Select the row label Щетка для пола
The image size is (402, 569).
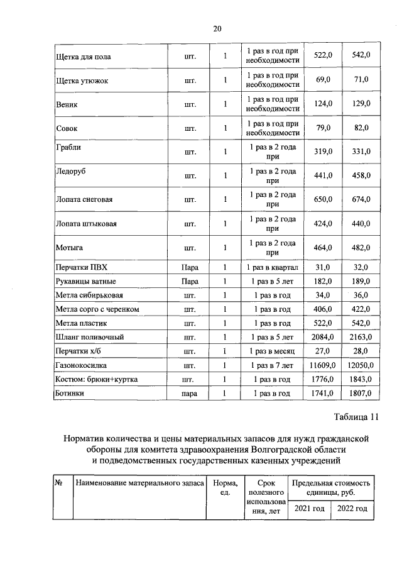[84, 56]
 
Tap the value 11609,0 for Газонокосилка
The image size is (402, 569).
[322, 365]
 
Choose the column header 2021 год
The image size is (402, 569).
[309, 508]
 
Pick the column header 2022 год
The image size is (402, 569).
[352, 508]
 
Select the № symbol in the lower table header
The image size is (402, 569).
[58, 483]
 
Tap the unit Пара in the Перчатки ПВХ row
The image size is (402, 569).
[190, 268]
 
